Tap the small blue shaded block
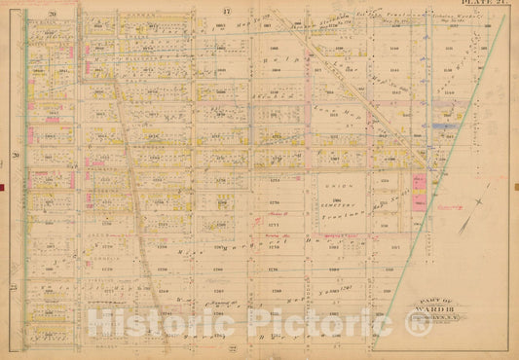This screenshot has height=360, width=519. (446, 126)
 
